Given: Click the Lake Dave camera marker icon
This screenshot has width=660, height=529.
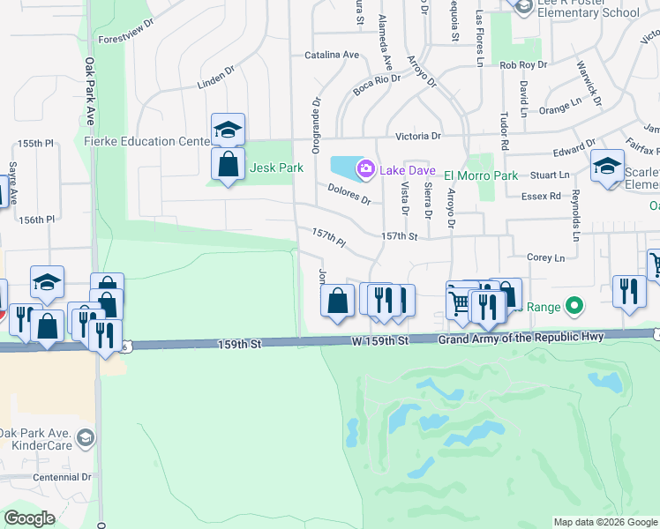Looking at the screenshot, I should [x=364, y=168].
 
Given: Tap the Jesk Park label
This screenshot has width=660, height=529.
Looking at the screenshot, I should [x=276, y=168].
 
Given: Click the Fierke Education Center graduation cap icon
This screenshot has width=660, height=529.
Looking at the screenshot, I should [x=228, y=130].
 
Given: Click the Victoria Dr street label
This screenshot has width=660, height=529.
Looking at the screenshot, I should [x=417, y=136].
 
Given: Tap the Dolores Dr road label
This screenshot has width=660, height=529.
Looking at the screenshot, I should [x=349, y=194].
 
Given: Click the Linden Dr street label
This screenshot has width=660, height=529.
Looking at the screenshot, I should [x=216, y=81].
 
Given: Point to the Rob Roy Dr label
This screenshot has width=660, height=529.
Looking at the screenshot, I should [x=523, y=65].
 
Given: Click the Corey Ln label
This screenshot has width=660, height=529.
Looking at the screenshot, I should [x=544, y=257].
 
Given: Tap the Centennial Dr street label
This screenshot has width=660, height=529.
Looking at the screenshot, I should [x=56, y=477].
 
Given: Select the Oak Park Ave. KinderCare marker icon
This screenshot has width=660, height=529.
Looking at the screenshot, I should [x=85, y=437].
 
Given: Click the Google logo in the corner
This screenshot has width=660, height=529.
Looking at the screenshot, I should [x=29, y=518].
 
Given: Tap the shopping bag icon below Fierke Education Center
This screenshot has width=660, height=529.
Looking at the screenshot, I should [x=228, y=164].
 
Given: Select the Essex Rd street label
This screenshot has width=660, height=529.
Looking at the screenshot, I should [x=541, y=196].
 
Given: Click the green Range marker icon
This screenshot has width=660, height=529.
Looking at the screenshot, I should [x=574, y=307].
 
